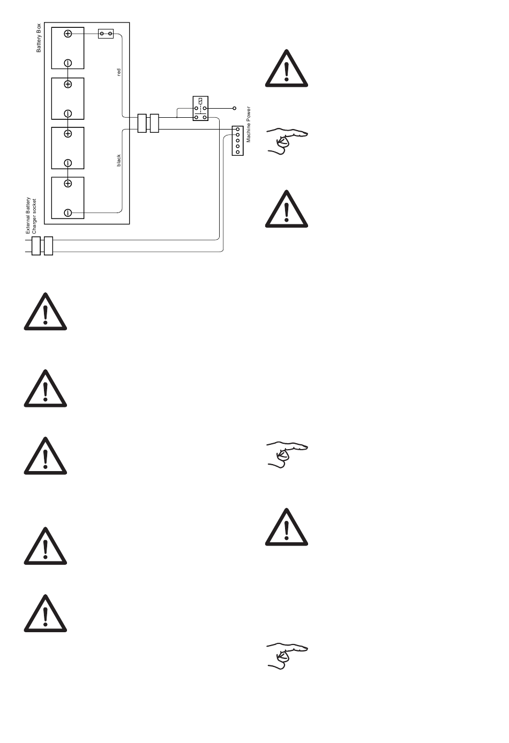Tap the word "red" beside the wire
pos(119,72)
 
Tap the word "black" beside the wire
pos(119,160)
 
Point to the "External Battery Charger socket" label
pos(31,215)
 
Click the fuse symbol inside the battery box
pos(106,34)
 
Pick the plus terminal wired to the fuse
pos(68,34)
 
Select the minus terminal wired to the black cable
pos(68,213)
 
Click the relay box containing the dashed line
pos(200,108)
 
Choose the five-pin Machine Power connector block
pos(237,140)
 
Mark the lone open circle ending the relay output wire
pos(234,108)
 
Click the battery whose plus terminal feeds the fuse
pos(68,48)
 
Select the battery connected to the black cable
pos(68,198)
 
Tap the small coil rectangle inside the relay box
pos(200,101)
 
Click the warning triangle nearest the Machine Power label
pos(287,70)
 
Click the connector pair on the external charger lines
pos(42,246)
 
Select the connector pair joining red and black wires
pos(148,123)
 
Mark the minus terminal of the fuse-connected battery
pos(68,63)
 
